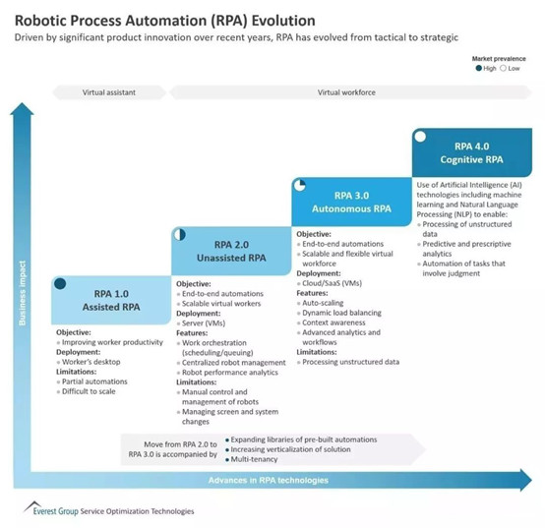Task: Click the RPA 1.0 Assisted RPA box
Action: tap(111, 301)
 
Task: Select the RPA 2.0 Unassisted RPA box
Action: tap(231, 251)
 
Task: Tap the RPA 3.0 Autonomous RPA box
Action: tap(352, 202)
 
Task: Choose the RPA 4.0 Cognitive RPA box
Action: tap(472, 152)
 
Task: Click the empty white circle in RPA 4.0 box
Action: tap(420, 137)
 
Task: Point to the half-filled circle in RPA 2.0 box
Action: tap(180, 235)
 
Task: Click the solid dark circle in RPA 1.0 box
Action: tap(60, 284)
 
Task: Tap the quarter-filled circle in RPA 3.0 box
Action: tap(300, 186)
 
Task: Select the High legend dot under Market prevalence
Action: tap(479, 68)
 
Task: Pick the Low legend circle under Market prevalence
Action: tap(503, 68)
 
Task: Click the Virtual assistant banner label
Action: tap(109, 92)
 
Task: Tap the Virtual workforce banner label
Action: tap(346, 92)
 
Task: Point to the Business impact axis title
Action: tap(23, 293)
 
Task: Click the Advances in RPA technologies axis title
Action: tap(269, 481)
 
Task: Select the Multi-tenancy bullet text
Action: tap(254, 459)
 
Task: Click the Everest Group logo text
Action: tap(56, 511)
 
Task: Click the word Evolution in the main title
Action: tap(283, 21)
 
